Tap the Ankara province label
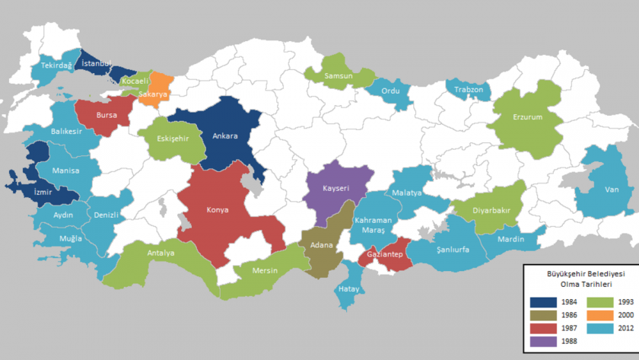(225, 136)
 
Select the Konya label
(218, 209)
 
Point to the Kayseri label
(335, 187)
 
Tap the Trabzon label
(469, 90)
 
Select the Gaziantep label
(384, 253)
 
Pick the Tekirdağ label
(56, 66)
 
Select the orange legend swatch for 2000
(587, 315)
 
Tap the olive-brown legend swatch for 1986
(542, 315)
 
